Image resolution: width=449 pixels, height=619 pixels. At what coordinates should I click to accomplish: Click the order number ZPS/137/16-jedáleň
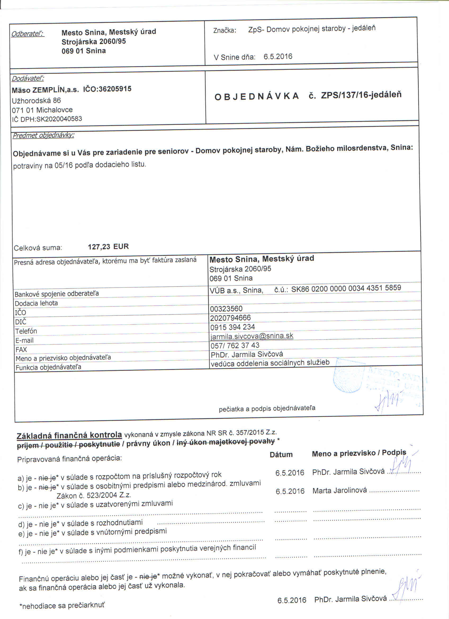tap(361, 95)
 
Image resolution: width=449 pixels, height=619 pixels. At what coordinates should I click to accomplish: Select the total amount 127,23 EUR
tap(108, 247)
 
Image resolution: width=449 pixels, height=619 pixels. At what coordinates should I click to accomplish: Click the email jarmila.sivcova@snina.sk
tap(252, 336)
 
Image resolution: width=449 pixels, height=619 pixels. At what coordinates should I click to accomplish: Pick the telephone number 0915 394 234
tap(232, 327)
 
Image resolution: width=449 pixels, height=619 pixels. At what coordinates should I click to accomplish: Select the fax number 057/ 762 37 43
tap(235, 346)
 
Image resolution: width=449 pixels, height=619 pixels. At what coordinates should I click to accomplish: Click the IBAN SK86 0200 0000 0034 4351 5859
tap(346, 288)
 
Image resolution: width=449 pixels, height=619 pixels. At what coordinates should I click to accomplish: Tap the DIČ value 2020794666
tap(230, 318)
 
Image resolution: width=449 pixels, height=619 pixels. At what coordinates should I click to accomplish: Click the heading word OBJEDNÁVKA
tap(257, 96)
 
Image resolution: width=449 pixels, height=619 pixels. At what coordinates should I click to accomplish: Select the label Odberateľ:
tap(28, 34)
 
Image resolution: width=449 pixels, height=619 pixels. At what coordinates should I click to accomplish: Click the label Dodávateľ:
tap(28, 79)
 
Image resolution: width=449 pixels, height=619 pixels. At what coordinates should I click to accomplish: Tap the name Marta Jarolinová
tap(339, 491)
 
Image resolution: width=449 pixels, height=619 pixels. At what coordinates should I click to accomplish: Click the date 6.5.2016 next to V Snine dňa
tap(277, 56)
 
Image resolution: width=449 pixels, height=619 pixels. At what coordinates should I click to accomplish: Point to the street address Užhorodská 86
tap(36, 101)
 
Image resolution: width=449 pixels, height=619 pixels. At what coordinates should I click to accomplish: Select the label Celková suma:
tap(38, 248)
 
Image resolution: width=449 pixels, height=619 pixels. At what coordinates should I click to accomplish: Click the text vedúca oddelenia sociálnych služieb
tap(270, 363)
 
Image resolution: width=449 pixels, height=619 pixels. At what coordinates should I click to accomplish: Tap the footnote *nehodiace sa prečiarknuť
tap(62, 606)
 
